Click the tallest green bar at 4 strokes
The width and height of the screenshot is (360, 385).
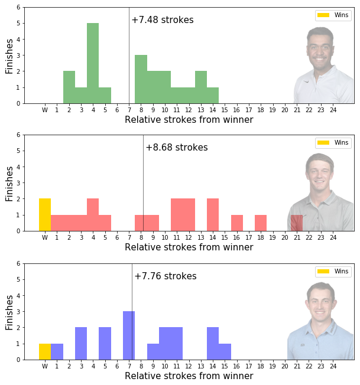[x=93, y=63]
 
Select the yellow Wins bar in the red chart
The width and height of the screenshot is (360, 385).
[x=45, y=214]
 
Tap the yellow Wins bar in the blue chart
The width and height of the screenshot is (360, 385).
[x=45, y=351]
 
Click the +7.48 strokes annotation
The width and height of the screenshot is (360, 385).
[x=163, y=20]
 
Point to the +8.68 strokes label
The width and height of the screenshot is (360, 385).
[x=177, y=147]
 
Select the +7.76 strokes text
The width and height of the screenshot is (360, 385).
[x=166, y=276]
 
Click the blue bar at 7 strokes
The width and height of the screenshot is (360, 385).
[x=129, y=335]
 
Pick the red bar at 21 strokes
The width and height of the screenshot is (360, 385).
[x=297, y=223]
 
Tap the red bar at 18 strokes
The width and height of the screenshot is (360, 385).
[x=261, y=223]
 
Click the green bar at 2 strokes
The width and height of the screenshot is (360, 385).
[x=69, y=87]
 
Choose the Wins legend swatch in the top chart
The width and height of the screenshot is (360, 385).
[x=323, y=15]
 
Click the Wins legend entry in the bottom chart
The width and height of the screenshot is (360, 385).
[x=333, y=271]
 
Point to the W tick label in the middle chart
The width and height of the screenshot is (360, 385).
[x=45, y=237]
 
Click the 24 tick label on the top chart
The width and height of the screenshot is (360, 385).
[x=333, y=110]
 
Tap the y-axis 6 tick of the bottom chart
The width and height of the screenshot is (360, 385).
[x=18, y=263]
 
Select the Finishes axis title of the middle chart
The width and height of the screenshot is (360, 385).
[x=9, y=184]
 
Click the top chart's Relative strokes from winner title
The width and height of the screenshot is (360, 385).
[x=189, y=120]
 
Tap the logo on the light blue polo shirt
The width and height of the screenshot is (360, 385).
[x=303, y=345]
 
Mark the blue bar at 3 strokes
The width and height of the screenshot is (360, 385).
[x=81, y=344]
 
